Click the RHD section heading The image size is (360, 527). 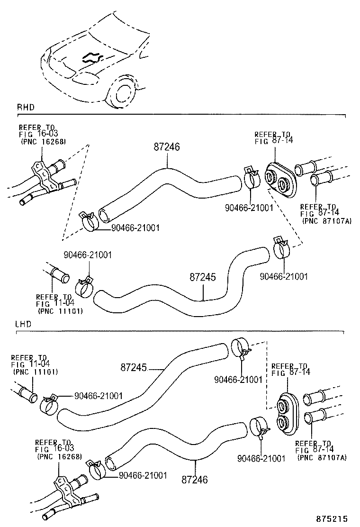[x=25, y=107]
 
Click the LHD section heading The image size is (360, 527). [x=24, y=325]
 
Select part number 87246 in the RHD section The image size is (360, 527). [x=167, y=147]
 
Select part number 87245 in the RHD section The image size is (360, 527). [x=203, y=277]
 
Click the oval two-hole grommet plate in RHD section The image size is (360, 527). [x=279, y=180]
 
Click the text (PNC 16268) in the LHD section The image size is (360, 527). [x=60, y=457]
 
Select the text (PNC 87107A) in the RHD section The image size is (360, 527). [x=326, y=221]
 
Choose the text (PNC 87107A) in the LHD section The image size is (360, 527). [x=322, y=457]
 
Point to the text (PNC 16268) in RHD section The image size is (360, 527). [x=43, y=141]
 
